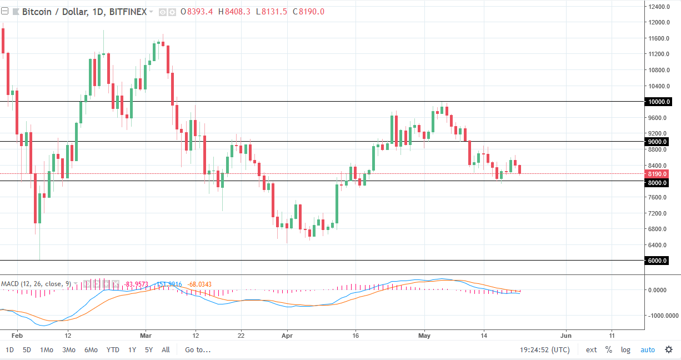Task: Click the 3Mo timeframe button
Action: click(x=68, y=350)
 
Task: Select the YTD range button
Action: click(x=113, y=350)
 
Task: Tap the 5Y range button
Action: click(x=149, y=350)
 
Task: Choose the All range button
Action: click(x=166, y=350)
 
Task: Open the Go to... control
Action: click(x=198, y=350)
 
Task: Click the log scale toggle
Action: click(x=625, y=350)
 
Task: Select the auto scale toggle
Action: click(x=648, y=350)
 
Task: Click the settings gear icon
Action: click(x=669, y=350)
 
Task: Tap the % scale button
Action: click(x=609, y=350)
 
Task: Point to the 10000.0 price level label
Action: click(x=659, y=102)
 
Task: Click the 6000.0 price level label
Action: click(x=659, y=261)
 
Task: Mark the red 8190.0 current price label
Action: click(x=659, y=174)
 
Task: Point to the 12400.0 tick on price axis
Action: click(x=659, y=7)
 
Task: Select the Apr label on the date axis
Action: click(x=287, y=336)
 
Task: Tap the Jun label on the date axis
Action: click(x=566, y=336)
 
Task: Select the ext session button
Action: click(x=591, y=350)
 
